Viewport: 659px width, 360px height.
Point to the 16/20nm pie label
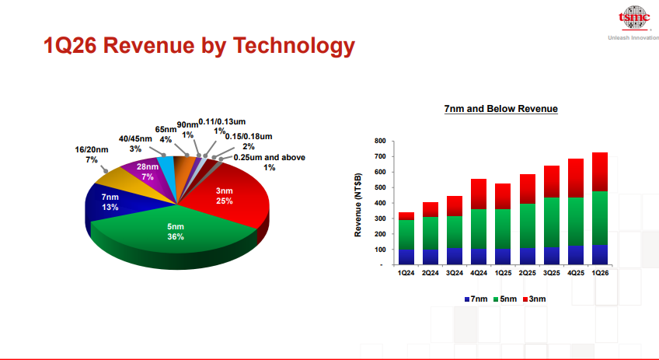(x=92, y=154)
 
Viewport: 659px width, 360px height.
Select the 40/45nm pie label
(x=135, y=143)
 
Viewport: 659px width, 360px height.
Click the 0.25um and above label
(x=270, y=162)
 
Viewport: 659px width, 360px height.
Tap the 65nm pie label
(x=166, y=135)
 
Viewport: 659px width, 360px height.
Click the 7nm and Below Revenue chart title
(x=500, y=109)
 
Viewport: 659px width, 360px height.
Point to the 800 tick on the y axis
(x=379, y=141)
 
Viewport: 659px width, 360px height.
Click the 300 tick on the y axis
(x=379, y=218)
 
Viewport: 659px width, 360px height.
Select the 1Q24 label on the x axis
(x=406, y=273)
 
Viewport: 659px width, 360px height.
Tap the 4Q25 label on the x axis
(x=576, y=273)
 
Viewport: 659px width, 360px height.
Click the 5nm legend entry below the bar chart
(x=505, y=299)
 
